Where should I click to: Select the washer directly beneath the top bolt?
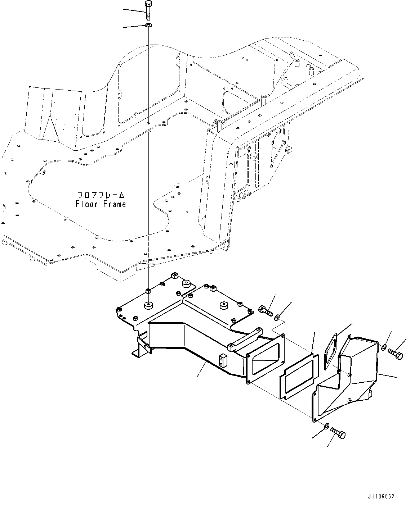tap(148, 26)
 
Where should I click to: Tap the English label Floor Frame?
tap(101, 204)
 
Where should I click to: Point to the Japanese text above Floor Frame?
tap(101, 195)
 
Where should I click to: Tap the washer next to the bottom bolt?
tap(326, 426)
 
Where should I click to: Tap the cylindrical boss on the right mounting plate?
tap(224, 306)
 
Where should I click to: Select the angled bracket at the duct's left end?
tap(143, 344)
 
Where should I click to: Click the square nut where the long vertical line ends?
tap(148, 290)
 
